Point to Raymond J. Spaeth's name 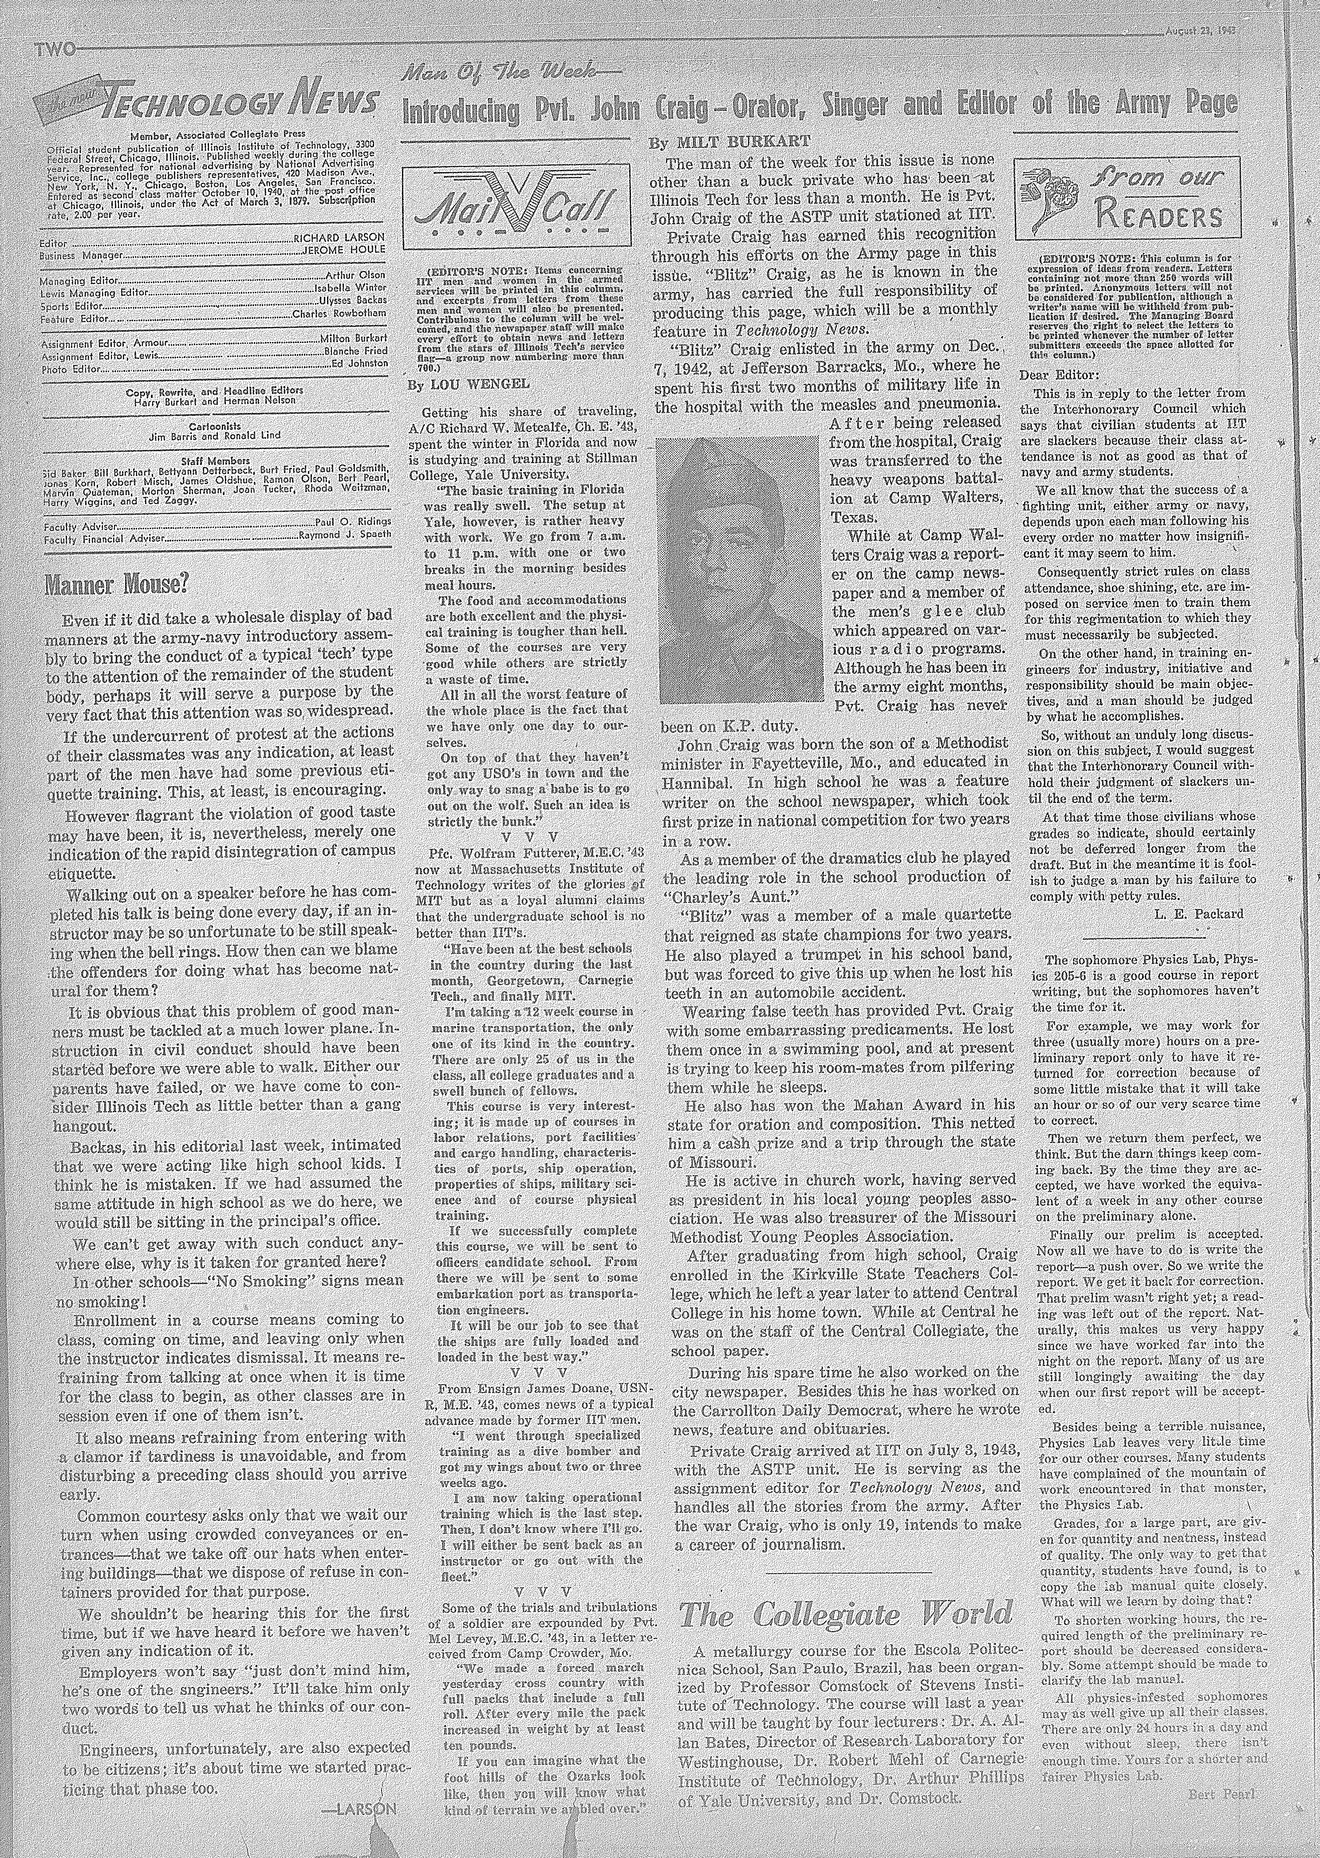[x=345, y=535]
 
